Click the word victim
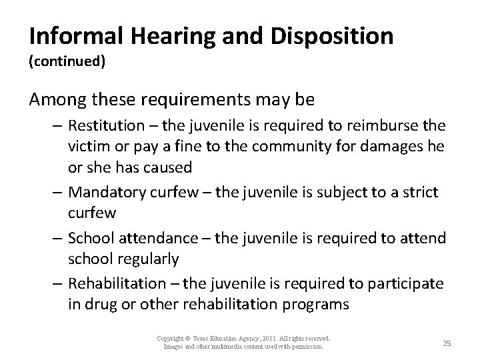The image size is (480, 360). coord(86,145)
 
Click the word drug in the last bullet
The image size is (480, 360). coord(101,305)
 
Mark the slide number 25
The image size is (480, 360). coord(447,343)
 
